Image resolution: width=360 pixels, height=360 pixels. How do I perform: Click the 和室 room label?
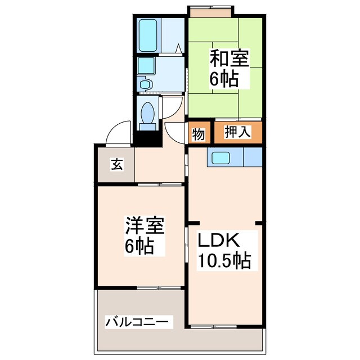coord(229,58)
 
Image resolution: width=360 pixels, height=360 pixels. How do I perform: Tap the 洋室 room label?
coord(144,227)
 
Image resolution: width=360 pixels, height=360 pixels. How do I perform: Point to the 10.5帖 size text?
coord(223,261)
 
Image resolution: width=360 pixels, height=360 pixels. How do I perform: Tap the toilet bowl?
coord(148,114)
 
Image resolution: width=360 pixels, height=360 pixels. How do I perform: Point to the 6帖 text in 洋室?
coord(139,246)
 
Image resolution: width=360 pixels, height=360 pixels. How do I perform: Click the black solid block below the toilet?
coord(148,136)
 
